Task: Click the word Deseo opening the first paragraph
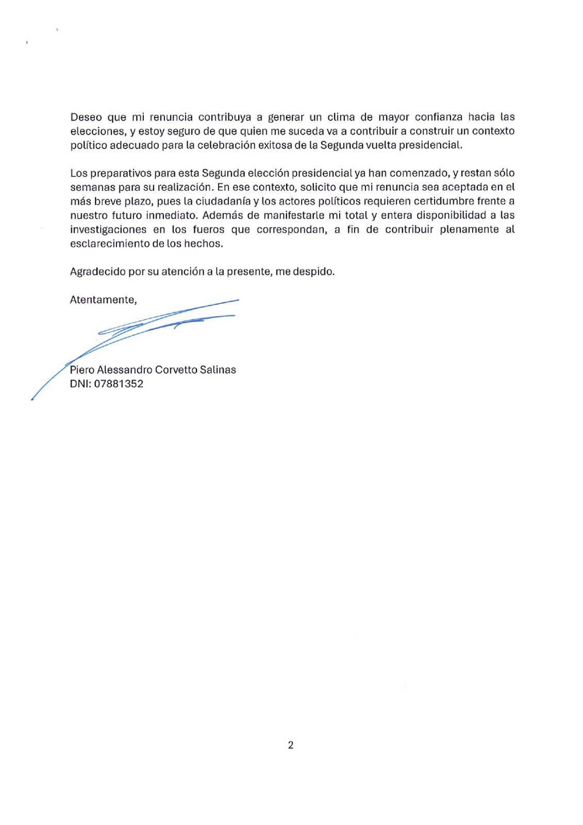tap(85, 117)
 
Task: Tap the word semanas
tap(90, 187)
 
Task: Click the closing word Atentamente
tap(103, 300)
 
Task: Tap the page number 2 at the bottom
tap(291, 745)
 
